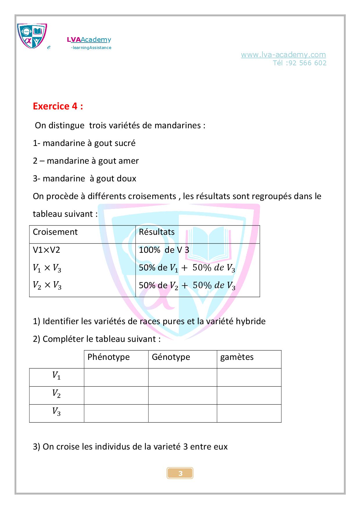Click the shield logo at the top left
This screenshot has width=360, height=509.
click(x=32, y=36)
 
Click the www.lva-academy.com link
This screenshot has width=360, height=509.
click(x=283, y=55)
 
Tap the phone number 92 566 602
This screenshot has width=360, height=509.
click(x=307, y=63)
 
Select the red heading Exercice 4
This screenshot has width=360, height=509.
click(x=58, y=106)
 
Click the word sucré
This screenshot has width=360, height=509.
click(x=125, y=143)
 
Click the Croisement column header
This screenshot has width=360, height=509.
click(x=55, y=232)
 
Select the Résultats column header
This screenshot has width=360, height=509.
click(x=156, y=232)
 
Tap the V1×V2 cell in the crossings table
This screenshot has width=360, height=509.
click(x=46, y=250)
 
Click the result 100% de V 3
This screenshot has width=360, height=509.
click(x=164, y=250)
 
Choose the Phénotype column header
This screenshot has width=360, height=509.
click(x=108, y=357)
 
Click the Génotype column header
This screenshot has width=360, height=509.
click(x=171, y=357)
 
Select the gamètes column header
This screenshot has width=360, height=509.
click(x=237, y=357)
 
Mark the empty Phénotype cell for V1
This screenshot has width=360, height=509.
click(x=116, y=377)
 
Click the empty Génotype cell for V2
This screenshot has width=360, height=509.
click(x=182, y=395)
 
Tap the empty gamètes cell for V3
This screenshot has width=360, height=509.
click(x=249, y=413)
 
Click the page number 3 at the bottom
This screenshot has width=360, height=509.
click(x=180, y=473)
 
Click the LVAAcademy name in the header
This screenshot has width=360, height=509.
click(x=89, y=40)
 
